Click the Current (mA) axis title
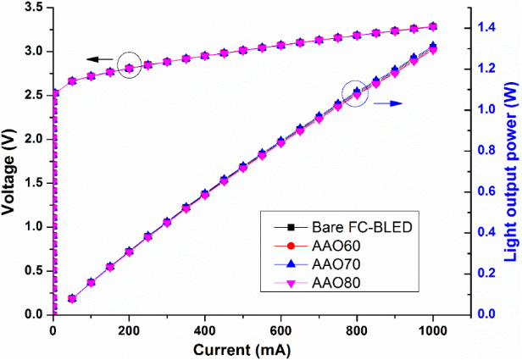[x=242, y=349]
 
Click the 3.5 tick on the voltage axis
[x=36, y=8]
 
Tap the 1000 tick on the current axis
[x=434, y=330]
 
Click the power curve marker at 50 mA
[x=72, y=299]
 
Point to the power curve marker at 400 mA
[x=205, y=194]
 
